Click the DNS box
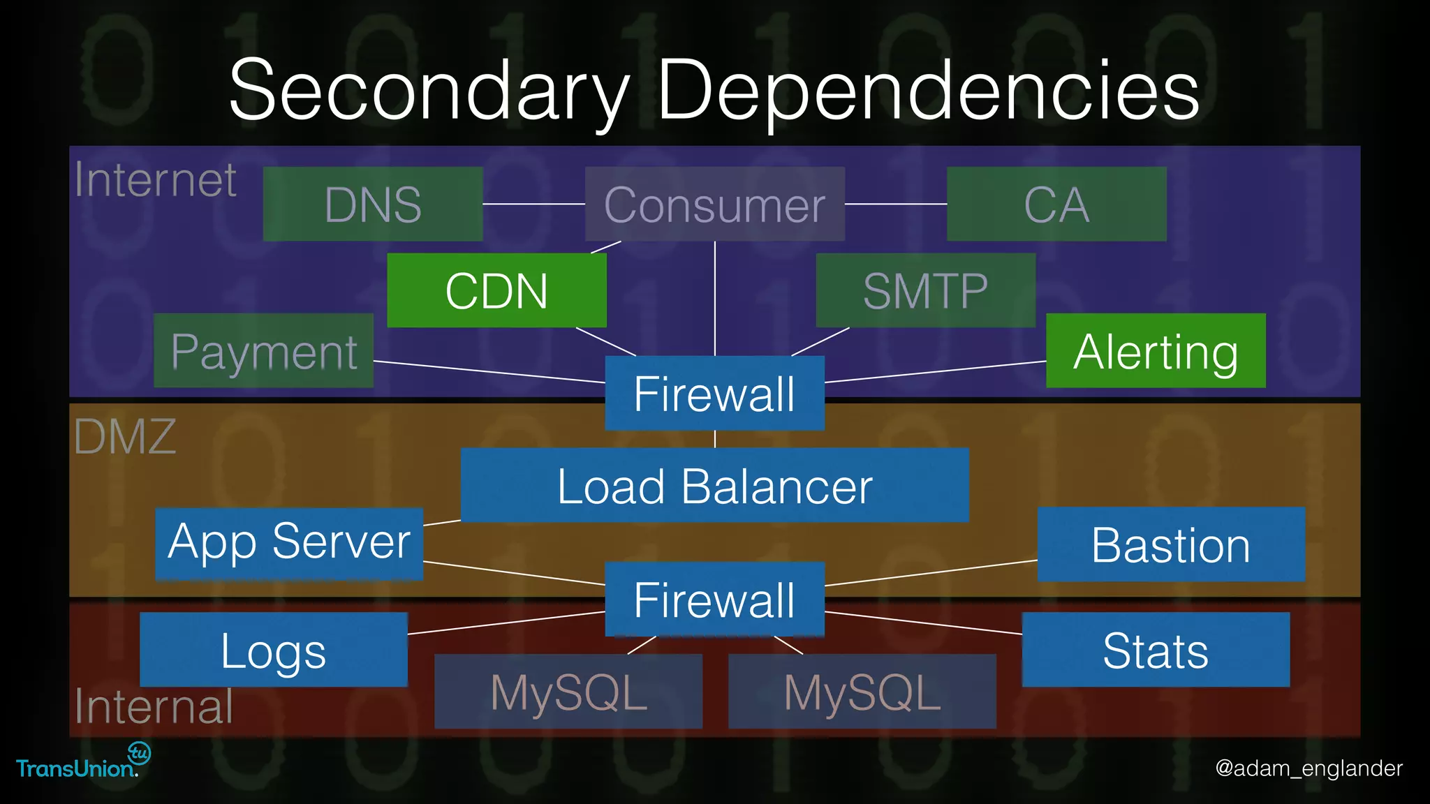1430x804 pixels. coord(373,204)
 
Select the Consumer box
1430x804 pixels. coord(714,204)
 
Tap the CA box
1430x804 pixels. coord(1056,204)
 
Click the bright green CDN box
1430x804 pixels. coord(496,290)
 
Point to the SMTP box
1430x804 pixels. coord(925,290)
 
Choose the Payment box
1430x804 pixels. coord(263,350)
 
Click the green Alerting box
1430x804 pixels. coord(1156,350)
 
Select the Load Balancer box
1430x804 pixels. coord(714,485)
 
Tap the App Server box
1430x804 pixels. coord(289,543)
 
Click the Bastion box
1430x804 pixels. coord(1171,544)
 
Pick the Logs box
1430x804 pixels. coord(274,650)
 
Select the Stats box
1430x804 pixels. coord(1156,650)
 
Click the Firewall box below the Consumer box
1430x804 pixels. coord(714,393)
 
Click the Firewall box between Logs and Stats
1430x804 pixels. coord(714,599)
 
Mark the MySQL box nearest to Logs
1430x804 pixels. coord(568,692)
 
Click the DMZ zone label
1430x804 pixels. coord(125,437)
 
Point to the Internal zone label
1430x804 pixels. coord(154,706)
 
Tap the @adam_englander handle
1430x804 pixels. coord(1309,768)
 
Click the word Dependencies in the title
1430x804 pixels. coord(928,91)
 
